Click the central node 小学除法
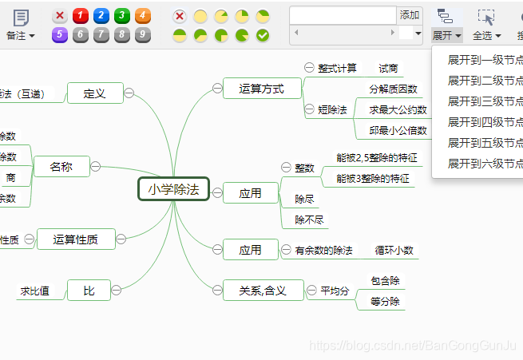point(173,189)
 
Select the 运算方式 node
point(261,89)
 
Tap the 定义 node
point(94,93)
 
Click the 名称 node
point(61,167)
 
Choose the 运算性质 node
point(76,239)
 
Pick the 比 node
point(89,291)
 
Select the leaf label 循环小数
point(394,250)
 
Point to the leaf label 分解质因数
point(393,89)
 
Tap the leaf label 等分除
point(385,302)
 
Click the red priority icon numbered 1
point(80,16)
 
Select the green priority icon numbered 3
point(121,16)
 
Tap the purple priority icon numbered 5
point(59,34)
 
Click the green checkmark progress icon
point(263,35)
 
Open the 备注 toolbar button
point(20,24)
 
